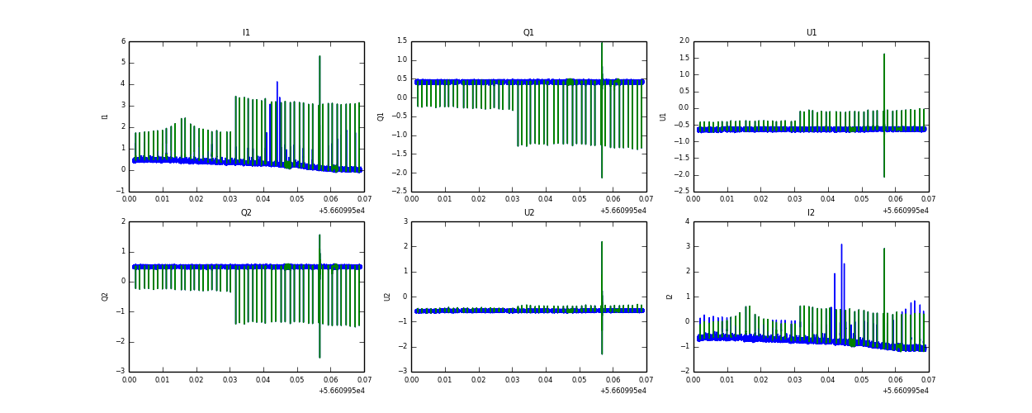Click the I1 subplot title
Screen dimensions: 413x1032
pos(246,33)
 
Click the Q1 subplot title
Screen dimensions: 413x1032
pos(528,33)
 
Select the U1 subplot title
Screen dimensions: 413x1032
pos(811,33)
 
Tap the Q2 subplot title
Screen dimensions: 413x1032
pos(246,213)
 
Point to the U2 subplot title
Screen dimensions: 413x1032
pos(528,213)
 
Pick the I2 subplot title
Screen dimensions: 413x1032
pos(811,213)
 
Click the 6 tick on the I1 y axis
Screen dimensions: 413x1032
pos(123,41)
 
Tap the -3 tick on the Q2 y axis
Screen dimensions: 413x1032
pos(121,372)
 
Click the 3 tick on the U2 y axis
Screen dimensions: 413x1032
pos(405,221)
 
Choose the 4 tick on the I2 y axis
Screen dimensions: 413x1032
pos(687,221)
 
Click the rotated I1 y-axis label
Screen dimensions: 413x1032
pos(105,116)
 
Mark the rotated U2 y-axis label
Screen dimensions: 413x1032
pos(387,297)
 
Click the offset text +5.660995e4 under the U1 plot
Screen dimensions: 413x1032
pos(905,210)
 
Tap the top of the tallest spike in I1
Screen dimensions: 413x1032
pos(320,56)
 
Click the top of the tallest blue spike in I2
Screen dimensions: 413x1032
pos(841,244)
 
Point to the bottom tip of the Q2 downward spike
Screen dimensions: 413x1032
pos(320,357)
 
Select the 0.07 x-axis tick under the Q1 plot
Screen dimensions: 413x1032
pos(646,199)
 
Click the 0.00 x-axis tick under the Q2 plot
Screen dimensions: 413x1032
pos(130,379)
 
